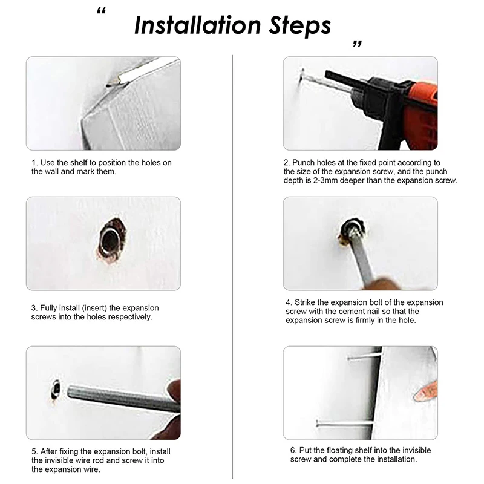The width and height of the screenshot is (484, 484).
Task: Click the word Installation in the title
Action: pyautogui.click(x=198, y=25)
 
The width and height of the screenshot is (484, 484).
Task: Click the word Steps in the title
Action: pyautogui.click(x=299, y=26)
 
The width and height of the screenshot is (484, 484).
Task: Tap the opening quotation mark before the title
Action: pyautogui.click(x=101, y=11)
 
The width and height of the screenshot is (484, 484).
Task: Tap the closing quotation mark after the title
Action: pyautogui.click(x=357, y=44)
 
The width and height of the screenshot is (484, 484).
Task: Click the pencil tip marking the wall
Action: pyautogui.click(x=110, y=85)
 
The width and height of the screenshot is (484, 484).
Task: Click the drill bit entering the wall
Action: pyautogui.click(x=312, y=77)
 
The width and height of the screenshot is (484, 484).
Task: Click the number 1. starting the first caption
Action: pyautogui.click(x=35, y=163)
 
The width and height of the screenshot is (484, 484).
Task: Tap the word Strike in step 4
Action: pyautogui.click(x=305, y=302)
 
